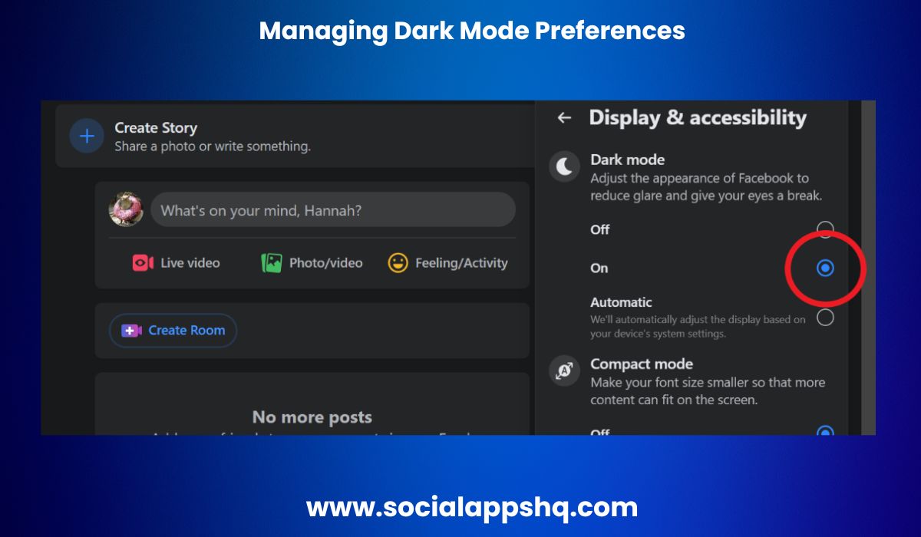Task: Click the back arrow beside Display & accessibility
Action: coord(564,117)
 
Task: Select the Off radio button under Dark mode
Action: coord(825,229)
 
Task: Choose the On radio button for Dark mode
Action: coord(825,268)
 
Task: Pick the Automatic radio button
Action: coord(825,318)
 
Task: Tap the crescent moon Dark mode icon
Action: coord(564,166)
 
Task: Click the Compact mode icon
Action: coord(564,371)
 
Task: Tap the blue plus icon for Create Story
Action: coord(87,137)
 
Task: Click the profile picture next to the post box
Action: coord(126,209)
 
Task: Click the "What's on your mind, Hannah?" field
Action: coord(332,210)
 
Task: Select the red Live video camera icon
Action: coord(143,263)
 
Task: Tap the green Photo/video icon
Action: coord(271,263)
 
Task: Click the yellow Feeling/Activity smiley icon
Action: coord(398,263)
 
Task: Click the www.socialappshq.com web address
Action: coord(472,507)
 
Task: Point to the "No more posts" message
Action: coord(312,417)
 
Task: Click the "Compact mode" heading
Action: coord(641,364)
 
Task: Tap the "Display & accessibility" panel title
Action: coord(697,117)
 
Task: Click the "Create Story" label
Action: coord(156,128)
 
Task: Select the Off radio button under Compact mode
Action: coord(825,432)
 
